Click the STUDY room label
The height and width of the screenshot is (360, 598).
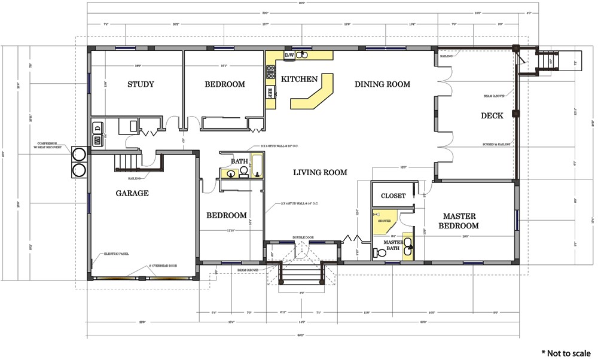tap(141, 84)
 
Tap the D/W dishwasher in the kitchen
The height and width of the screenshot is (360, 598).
tap(289, 55)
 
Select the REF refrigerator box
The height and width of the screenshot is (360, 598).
tap(270, 92)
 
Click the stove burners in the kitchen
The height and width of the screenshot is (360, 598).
tap(270, 72)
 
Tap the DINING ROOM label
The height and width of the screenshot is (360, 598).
tap(382, 84)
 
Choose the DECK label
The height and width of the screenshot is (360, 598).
tap(492, 115)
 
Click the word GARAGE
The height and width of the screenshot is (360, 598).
tap(132, 193)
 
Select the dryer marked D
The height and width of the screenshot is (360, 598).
tap(97, 127)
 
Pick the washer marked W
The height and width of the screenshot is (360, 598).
tap(97, 141)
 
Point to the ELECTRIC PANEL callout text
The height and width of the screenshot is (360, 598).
tap(117, 254)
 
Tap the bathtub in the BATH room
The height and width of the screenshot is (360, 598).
tap(258, 165)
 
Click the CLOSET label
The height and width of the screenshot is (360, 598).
tap(393, 196)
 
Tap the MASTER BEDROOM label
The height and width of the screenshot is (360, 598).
tap(458, 221)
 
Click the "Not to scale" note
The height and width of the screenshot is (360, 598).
tap(566, 353)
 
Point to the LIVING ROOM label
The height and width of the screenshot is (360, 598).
tap(320, 173)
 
